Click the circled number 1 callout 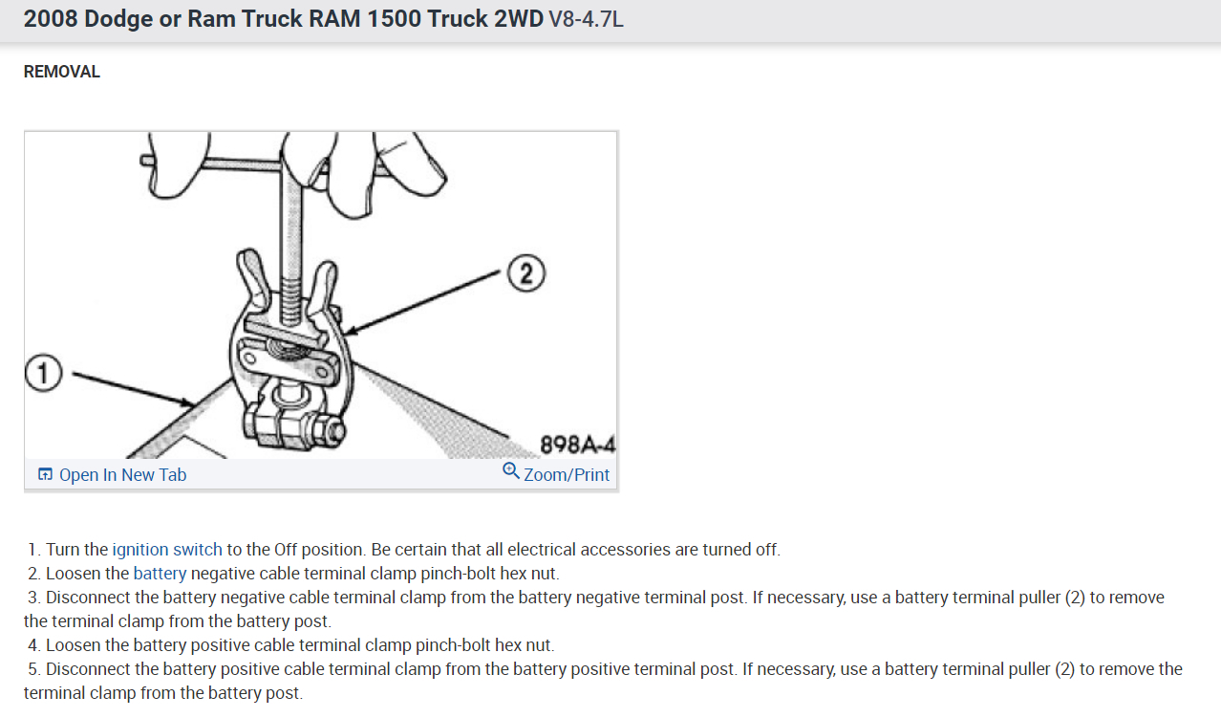click(44, 373)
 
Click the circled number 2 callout click(526, 272)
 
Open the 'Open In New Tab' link click(122, 474)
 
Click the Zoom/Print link click(567, 474)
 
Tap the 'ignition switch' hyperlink click(167, 550)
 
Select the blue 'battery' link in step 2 click(160, 574)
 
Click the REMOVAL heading click(61, 72)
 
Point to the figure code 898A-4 click(578, 445)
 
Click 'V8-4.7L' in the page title click(586, 20)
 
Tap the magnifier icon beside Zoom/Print click(510, 470)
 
